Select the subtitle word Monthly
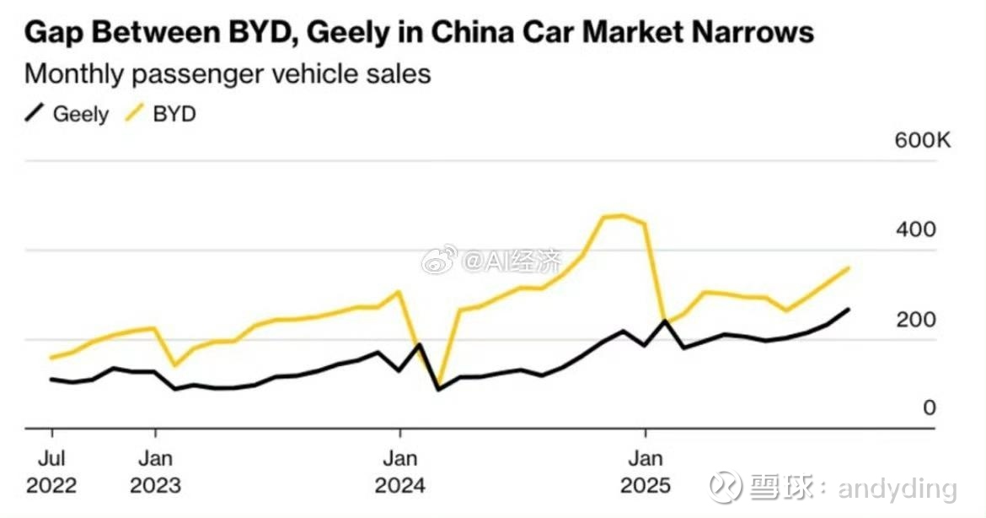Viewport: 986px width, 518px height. pos(74,73)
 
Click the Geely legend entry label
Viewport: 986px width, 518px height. pos(80,114)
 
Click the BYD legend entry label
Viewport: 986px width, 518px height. pos(174,114)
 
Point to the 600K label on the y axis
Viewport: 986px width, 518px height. pos(922,140)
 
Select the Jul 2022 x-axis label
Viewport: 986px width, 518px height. pos(51,472)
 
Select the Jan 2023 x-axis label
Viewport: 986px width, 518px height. pos(155,472)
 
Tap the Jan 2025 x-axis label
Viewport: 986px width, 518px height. pos(646,472)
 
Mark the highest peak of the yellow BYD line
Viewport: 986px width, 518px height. pos(622,215)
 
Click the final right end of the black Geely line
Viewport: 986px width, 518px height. pos(848,310)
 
